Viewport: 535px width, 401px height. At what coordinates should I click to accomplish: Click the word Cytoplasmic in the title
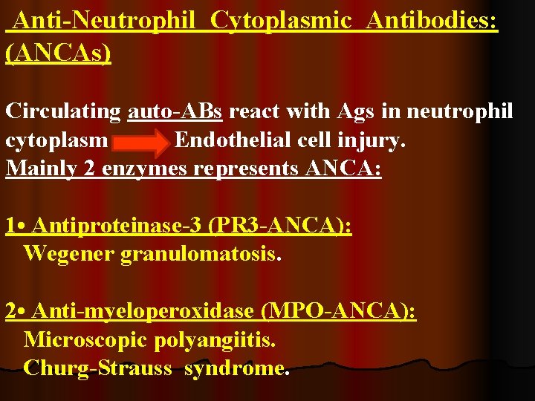(280, 22)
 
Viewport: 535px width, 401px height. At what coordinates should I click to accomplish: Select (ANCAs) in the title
(58, 53)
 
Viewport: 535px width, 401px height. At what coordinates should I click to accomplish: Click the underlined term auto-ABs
(175, 111)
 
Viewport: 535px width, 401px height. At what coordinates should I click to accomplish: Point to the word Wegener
(69, 254)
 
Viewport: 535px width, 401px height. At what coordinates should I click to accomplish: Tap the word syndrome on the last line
(237, 368)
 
